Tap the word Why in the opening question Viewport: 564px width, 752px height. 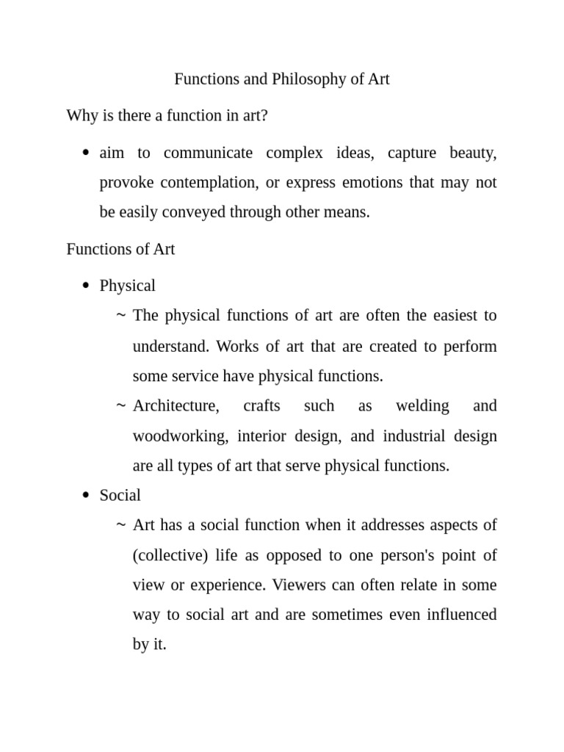[82, 115]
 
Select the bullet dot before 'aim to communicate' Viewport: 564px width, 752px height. [86, 153]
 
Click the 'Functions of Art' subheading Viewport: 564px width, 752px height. [120, 249]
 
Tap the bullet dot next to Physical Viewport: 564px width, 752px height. [86, 286]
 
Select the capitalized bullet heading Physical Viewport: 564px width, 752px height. [128, 286]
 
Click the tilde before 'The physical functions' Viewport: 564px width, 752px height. [120, 316]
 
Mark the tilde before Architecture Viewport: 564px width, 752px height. [120, 406]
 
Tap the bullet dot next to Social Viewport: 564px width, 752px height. [86, 496]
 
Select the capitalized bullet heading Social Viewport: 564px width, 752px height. [120, 496]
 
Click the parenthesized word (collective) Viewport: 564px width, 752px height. [170, 555]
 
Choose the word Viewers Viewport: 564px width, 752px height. [298, 585]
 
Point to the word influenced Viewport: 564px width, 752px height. [462, 614]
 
